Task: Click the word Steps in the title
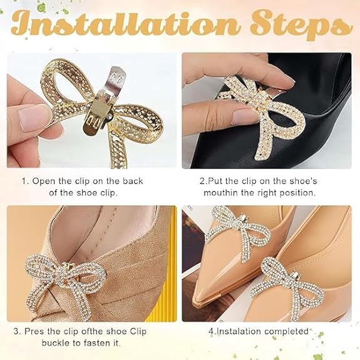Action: pyautogui.click(x=301, y=25)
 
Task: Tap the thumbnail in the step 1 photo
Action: pyautogui.click(x=32, y=116)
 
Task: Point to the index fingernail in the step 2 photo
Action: pyautogui.click(x=244, y=116)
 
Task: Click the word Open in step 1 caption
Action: pyautogui.click(x=44, y=182)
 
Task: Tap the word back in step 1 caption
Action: pyautogui.click(x=133, y=181)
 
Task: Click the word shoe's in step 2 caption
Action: pyautogui.click(x=303, y=181)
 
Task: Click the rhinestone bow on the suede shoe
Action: pyautogui.click(x=66, y=285)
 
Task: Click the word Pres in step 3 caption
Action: pyautogui.click(x=34, y=331)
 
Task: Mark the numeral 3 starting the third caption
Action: pyautogui.click(x=16, y=331)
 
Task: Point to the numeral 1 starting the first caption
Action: pyautogui.click(x=24, y=181)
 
